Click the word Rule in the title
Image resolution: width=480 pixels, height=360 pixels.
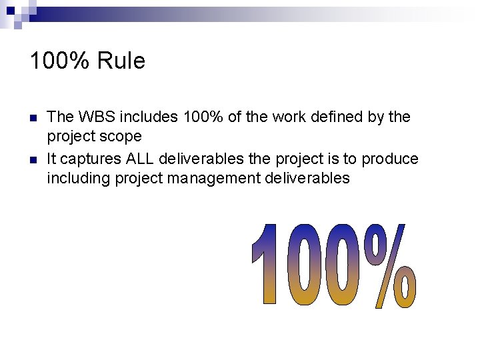[x=121, y=61]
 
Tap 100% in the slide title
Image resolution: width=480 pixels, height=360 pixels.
[x=61, y=61]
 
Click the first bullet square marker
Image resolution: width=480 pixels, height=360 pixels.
[x=33, y=118]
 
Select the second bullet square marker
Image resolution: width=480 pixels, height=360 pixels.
[x=33, y=160]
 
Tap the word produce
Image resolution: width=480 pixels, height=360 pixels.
[x=391, y=159]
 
